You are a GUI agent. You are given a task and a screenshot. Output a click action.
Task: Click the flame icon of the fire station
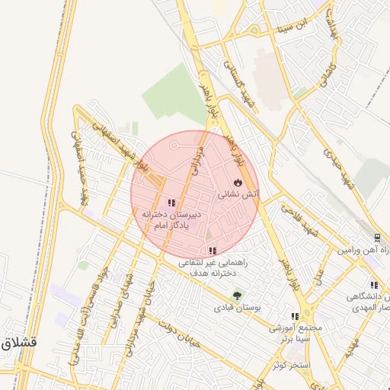pyautogui.click(x=238, y=183)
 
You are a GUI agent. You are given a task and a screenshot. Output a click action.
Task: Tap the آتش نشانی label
pyautogui.click(x=239, y=195)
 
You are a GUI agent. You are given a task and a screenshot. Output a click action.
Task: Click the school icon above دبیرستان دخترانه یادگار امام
pyautogui.click(x=171, y=203)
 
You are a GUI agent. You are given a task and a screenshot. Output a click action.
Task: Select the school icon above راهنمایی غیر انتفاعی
pyautogui.click(x=213, y=251)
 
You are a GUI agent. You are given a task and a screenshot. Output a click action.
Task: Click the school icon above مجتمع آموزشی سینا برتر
pyautogui.click(x=294, y=316)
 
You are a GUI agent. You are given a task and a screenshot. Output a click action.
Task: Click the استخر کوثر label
pyautogui.click(x=292, y=366)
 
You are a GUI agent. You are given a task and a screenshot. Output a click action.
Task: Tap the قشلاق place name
pyautogui.click(x=15, y=343)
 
